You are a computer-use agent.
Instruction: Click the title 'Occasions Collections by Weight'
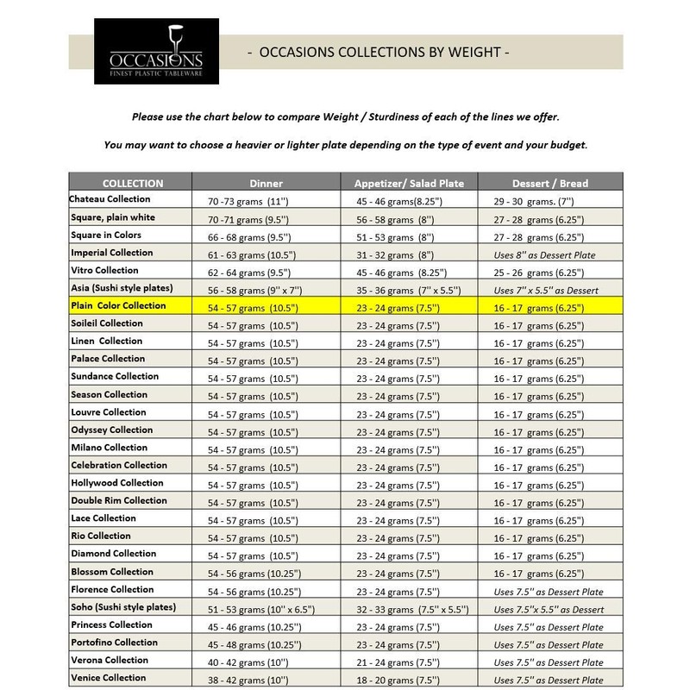point(378,53)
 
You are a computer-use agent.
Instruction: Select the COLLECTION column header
point(132,183)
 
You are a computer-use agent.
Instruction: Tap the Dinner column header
point(266,183)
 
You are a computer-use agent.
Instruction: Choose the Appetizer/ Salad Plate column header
point(409,183)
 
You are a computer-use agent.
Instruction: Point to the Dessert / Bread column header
point(550,183)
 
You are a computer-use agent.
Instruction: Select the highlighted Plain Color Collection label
point(118,306)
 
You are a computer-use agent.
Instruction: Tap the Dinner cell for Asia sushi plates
point(253,289)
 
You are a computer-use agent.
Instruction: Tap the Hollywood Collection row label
point(116,483)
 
